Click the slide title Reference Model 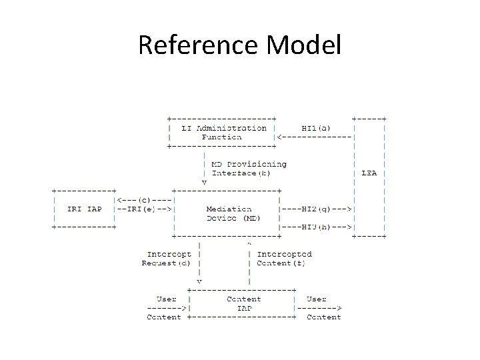tap(239, 45)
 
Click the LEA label tap(369, 173)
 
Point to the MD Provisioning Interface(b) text tap(248, 169)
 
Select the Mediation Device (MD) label tap(233, 213)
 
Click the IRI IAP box tap(85, 209)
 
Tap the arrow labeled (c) tap(145, 199)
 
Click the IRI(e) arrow tap(145, 209)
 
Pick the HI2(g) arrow tap(317, 209)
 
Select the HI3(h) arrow tap(317, 227)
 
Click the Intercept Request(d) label tap(168, 259)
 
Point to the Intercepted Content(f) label tap(283, 259)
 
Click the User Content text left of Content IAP tap(165, 308)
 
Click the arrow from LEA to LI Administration tap(314, 137)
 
